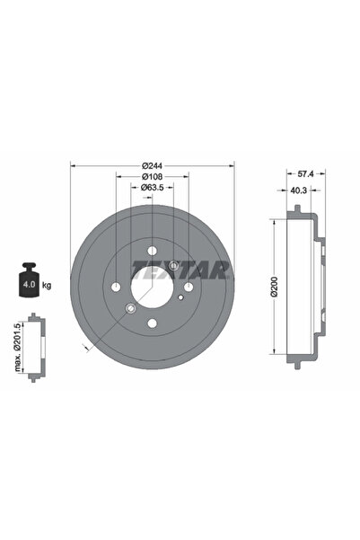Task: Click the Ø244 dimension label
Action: pyautogui.click(x=151, y=164)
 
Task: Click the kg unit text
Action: pyautogui.click(x=46, y=285)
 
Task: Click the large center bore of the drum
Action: pyautogui.click(x=152, y=286)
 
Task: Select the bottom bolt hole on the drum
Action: pyautogui.click(x=152, y=323)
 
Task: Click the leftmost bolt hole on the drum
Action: pyautogui.click(x=116, y=287)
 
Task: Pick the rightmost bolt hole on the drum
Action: pyautogui.click(x=188, y=287)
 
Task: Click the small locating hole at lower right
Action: pyautogui.click(x=180, y=297)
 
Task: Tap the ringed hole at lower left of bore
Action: pyautogui.click(x=130, y=308)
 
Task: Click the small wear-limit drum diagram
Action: pyautogui.click(x=35, y=347)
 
